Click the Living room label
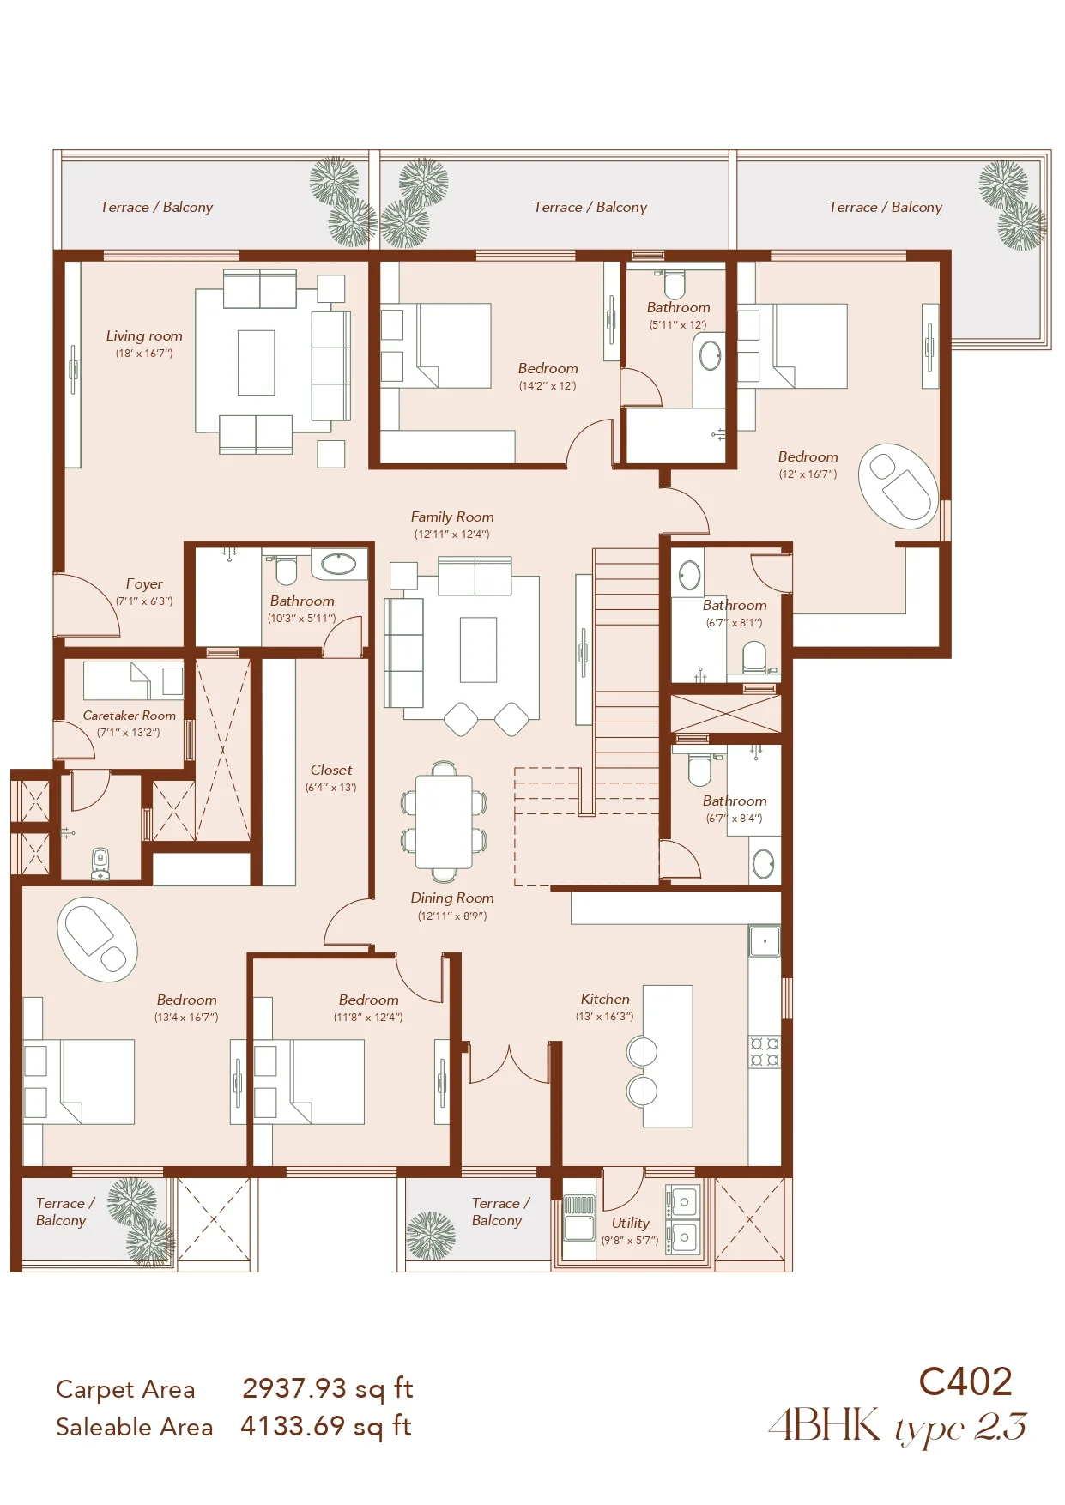[x=144, y=336]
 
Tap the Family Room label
[x=452, y=517]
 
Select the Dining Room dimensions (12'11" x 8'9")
[x=452, y=916]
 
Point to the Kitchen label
[x=605, y=999]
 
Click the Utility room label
[x=630, y=1223]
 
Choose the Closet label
[x=331, y=770]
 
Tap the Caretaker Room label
[x=129, y=716]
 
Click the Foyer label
[x=144, y=583]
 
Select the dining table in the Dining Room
[x=444, y=822]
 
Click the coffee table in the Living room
[x=256, y=362]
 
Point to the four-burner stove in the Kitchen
[x=765, y=1051]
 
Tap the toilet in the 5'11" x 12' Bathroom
[x=675, y=284]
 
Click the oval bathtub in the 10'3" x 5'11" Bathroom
[x=339, y=564]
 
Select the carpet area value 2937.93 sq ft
[x=327, y=1387]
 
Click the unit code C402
[x=965, y=1381]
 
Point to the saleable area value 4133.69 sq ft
[x=326, y=1426]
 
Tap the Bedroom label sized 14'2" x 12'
[x=548, y=368]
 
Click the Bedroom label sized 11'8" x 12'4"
[x=368, y=1000]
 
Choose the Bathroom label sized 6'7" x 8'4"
[x=735, y=801]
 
